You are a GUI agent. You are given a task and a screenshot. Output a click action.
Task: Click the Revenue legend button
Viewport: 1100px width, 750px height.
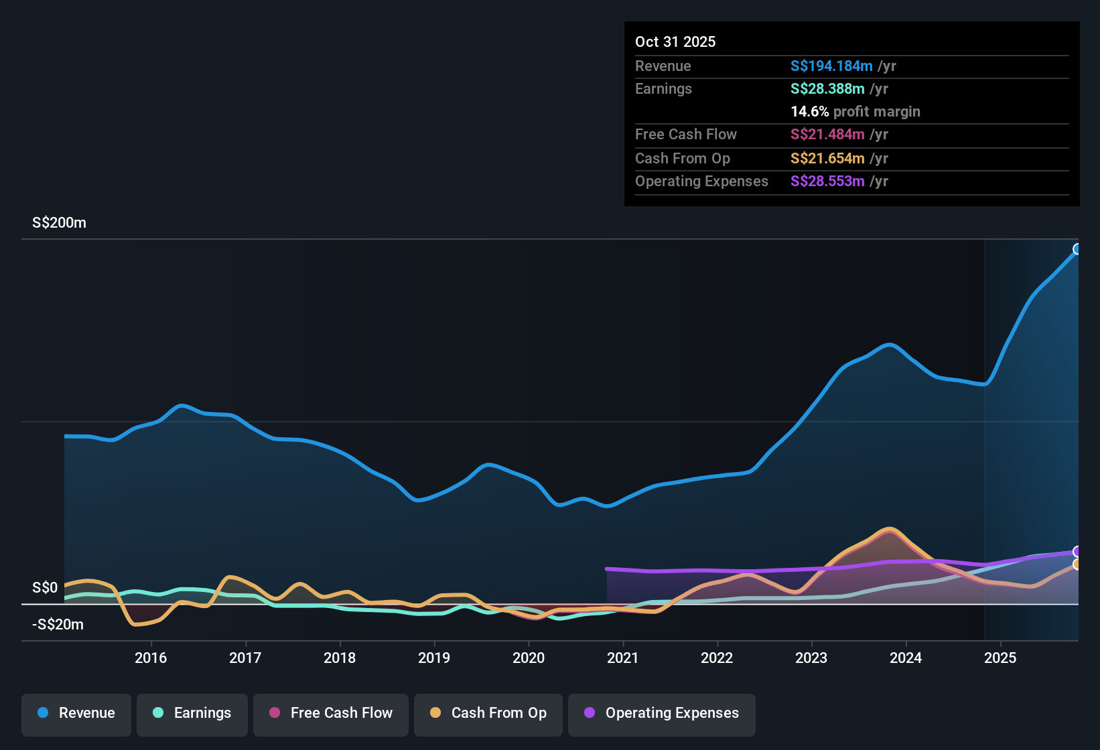76,713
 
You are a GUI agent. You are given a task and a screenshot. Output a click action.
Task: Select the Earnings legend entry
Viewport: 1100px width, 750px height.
192,713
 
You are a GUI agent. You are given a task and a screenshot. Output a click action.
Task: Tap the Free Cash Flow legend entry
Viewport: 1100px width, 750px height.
331,713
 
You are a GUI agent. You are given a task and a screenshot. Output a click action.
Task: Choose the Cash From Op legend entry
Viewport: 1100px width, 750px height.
488,713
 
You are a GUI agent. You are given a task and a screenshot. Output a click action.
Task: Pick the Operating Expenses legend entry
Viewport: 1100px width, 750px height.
662,713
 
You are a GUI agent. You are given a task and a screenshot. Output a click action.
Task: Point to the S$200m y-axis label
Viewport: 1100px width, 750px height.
59,223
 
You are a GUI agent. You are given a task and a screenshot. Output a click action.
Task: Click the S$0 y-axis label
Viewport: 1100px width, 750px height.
45,588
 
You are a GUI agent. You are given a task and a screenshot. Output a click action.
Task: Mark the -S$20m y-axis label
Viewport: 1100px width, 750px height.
58,625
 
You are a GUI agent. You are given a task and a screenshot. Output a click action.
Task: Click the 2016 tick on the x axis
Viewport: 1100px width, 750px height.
151,658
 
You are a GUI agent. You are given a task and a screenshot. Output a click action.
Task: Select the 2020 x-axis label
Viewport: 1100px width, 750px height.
529,658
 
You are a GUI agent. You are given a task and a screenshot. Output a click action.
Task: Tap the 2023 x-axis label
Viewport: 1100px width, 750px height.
811,658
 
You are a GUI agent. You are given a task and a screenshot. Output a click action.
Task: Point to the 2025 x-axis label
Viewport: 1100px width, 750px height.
1000,658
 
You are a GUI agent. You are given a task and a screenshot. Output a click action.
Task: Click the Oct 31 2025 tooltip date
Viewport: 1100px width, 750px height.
675,42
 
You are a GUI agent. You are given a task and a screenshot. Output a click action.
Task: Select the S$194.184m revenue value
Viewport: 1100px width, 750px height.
831,66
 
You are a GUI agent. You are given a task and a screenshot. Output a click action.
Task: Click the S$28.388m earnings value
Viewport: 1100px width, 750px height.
827,89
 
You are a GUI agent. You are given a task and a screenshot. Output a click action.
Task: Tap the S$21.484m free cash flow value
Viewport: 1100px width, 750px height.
827,135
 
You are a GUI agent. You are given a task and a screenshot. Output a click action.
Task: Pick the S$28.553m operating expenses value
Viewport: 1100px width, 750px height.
827,181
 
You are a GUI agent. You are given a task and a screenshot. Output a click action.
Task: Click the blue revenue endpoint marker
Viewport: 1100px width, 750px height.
1077,249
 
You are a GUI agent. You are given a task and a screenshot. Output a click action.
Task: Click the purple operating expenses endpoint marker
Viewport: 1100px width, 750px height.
1077,552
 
